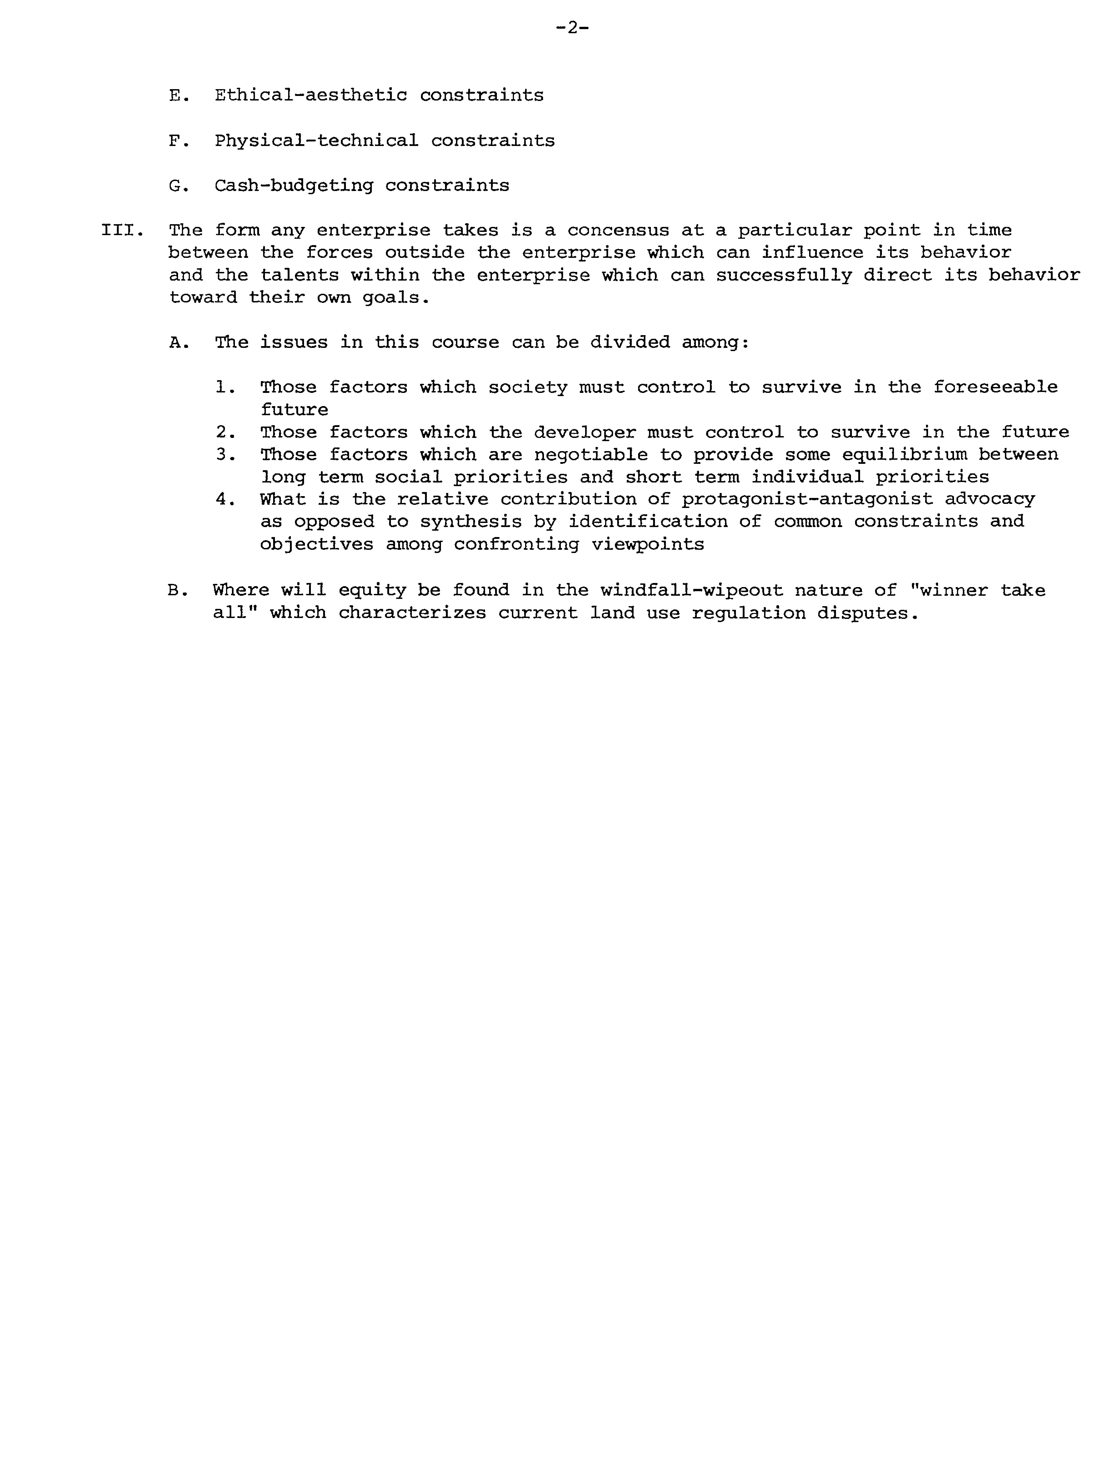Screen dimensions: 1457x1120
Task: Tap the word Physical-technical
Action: pyautogui.click(x=316, y=141)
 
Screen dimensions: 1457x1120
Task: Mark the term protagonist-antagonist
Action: pyautogui.click(x=806, y=499)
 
